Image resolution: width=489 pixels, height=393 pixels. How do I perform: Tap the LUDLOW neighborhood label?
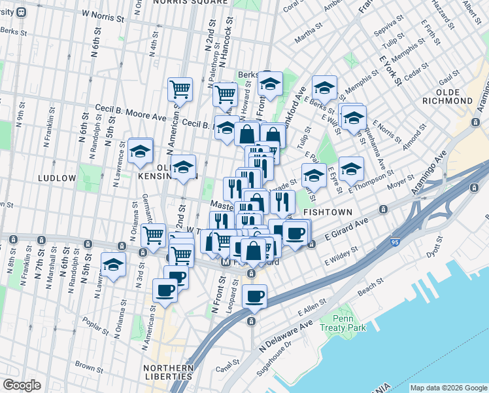coord(58,178)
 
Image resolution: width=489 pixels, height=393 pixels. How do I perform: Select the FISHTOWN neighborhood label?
coord(328,212)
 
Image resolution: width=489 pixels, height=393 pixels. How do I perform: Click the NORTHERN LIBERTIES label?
coord(169,371)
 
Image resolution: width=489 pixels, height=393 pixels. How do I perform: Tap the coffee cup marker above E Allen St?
coord(254,296)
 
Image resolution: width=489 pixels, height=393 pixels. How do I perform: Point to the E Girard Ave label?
coord(344,230)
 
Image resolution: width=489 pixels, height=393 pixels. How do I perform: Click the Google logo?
coord(22,385)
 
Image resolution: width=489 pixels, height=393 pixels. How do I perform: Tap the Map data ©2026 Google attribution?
coord(448,388)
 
